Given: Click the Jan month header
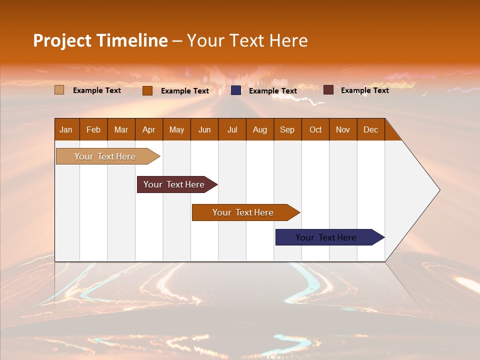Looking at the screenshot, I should point(66,129).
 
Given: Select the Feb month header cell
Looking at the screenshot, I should point(93,129).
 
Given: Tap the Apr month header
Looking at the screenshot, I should point(149,129).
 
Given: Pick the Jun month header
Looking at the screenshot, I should point(204,129).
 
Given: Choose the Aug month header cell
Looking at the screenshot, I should point(260,129).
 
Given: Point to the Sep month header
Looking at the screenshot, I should point(287,129).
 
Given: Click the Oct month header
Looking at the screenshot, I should point(315,129).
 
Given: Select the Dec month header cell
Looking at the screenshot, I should point(371,129).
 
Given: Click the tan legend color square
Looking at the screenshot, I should point(59,90).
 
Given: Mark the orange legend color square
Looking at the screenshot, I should point(147,90).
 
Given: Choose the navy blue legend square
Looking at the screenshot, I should point(236,90).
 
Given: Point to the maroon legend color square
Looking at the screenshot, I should point(328,90).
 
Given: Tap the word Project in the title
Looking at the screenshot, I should point(62,40).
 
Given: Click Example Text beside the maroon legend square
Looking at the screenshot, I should point(364,90).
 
